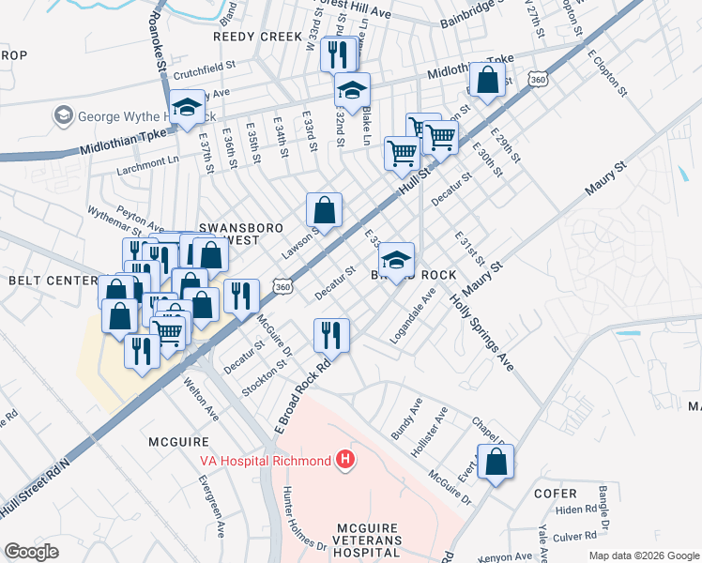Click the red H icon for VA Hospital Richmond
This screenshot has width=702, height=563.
click(346, 460)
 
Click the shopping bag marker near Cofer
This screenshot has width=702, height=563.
click(496, 463)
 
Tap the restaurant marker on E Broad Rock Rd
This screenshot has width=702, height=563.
click(331, 335)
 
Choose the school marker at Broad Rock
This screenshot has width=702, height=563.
click(397, 261)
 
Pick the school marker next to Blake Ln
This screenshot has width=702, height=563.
click(353, 91)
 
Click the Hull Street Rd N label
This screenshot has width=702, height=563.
click(37, 481)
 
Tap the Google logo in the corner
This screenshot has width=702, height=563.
click(31, 552)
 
